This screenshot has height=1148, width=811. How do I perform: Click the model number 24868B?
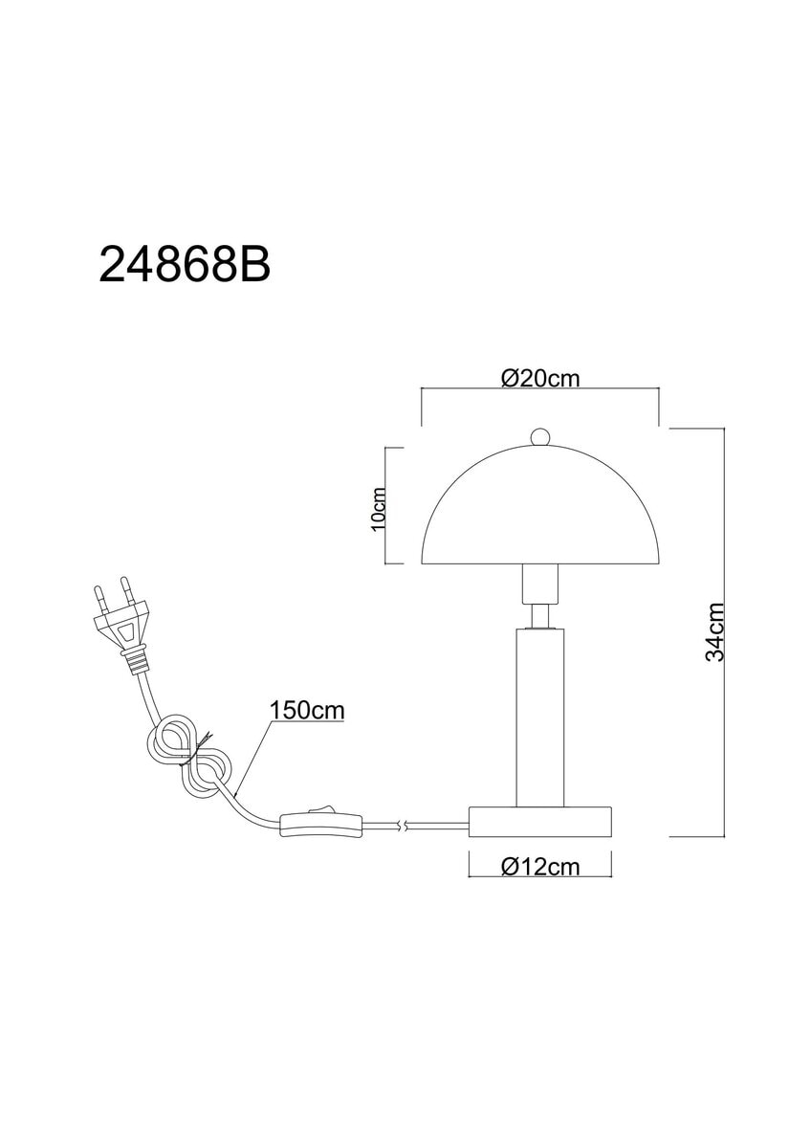(185, 263)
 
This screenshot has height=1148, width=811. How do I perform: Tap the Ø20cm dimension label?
(540, 379)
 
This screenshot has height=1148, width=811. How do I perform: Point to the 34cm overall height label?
(715, 632)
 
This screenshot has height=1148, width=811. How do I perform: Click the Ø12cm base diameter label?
(540, 867)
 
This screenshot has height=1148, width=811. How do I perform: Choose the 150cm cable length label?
(307, 710)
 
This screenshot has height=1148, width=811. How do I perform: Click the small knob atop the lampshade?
(539, 436)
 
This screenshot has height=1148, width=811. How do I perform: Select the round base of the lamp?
(540, 821)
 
